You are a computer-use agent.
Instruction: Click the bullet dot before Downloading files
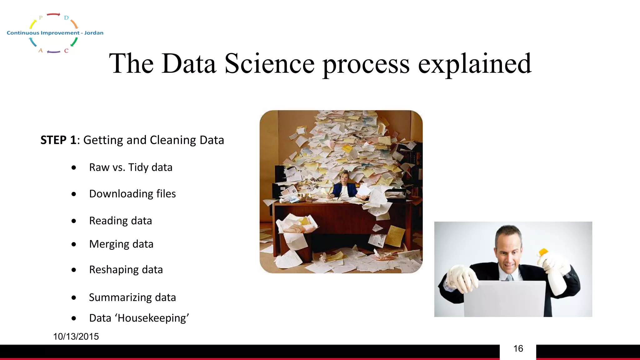pos(74,194)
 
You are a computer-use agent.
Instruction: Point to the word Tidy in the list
pos(138,167)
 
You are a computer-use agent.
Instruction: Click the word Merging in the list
pos(109,244)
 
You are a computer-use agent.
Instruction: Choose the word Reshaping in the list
pos(114,270)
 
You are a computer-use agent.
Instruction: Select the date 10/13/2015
pos(76,337)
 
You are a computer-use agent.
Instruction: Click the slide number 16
pos(518,349)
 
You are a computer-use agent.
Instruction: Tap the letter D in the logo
pos(66,18)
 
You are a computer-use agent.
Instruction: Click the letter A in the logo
pos(41,50)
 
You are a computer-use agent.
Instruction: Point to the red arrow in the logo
pos(53,14)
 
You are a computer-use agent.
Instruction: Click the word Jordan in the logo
pos(94,33)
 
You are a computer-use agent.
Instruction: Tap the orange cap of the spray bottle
pos(543,252)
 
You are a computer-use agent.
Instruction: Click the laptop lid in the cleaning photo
pos(504,298)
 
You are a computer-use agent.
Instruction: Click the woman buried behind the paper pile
pos(344,186)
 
